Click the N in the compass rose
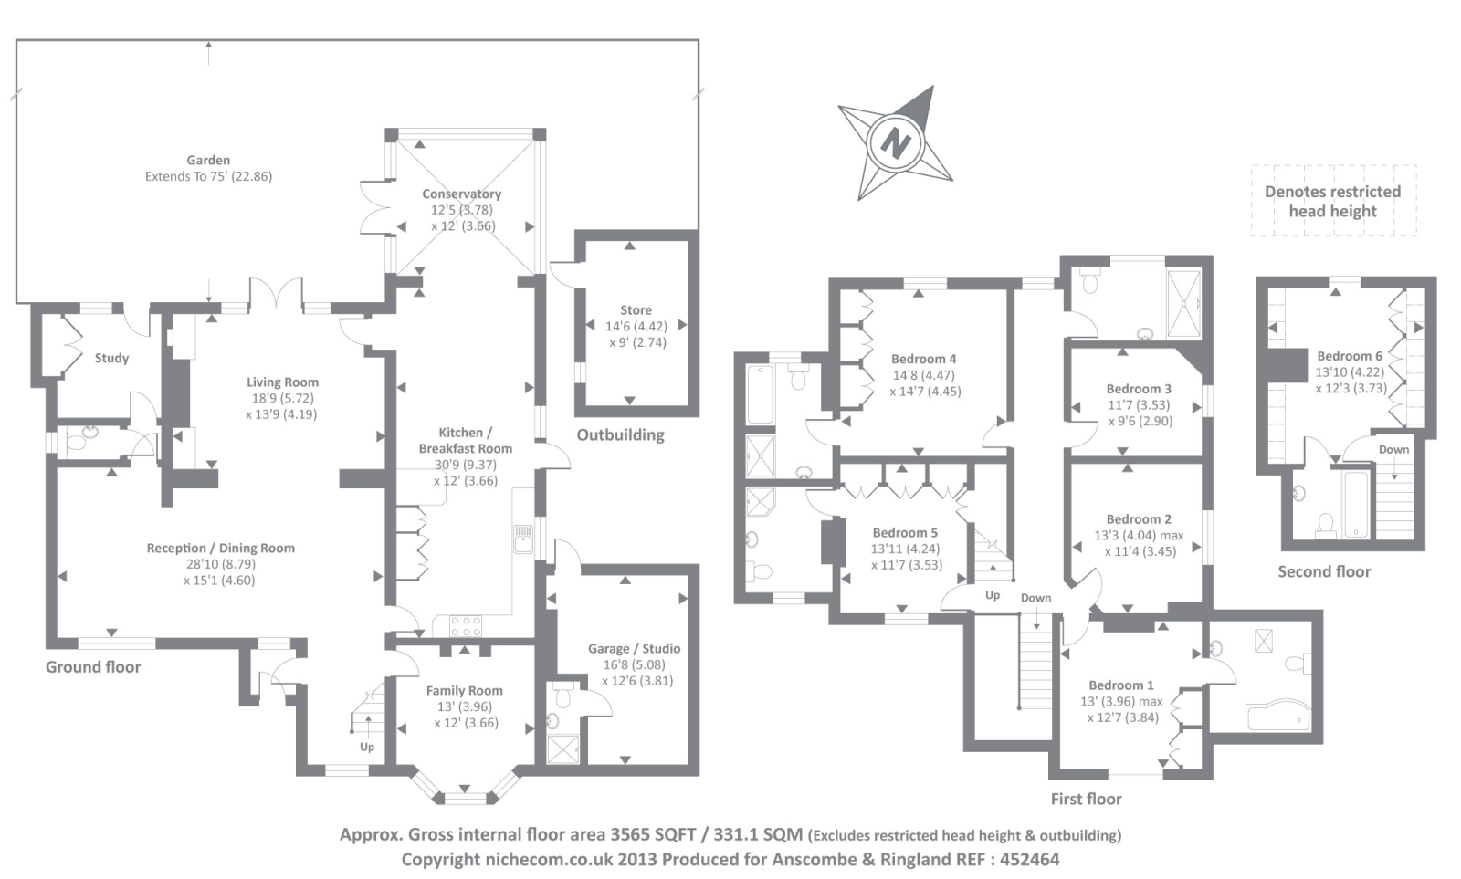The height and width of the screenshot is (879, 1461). pos(896,144)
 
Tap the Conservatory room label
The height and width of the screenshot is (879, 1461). pos(461,194)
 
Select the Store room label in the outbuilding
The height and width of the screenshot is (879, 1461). pos(636,310)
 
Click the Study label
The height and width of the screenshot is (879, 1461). pos(111,358)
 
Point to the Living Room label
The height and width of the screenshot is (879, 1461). pos(282,382)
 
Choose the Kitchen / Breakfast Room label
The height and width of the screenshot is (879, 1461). pos(465,440)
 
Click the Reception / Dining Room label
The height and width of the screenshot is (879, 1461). pos(220,548)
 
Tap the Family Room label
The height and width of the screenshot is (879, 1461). pos(464,690)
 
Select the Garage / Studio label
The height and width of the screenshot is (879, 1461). pos(634,648)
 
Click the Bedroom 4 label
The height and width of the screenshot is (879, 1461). pos(923,359)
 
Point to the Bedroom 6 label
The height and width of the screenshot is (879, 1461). pos(1349,356)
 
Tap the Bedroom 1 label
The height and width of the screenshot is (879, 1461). pos(1120,685)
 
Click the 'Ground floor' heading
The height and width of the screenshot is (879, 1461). pos(93,666)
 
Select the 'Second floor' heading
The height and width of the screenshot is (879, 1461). pos(1323,571)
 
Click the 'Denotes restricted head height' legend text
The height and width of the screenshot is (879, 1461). pos(1332,201)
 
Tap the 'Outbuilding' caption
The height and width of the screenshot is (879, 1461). pos(620,434)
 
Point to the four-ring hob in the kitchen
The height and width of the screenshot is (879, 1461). pos(465,626)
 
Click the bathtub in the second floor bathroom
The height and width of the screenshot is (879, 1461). pos(1356,503)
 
